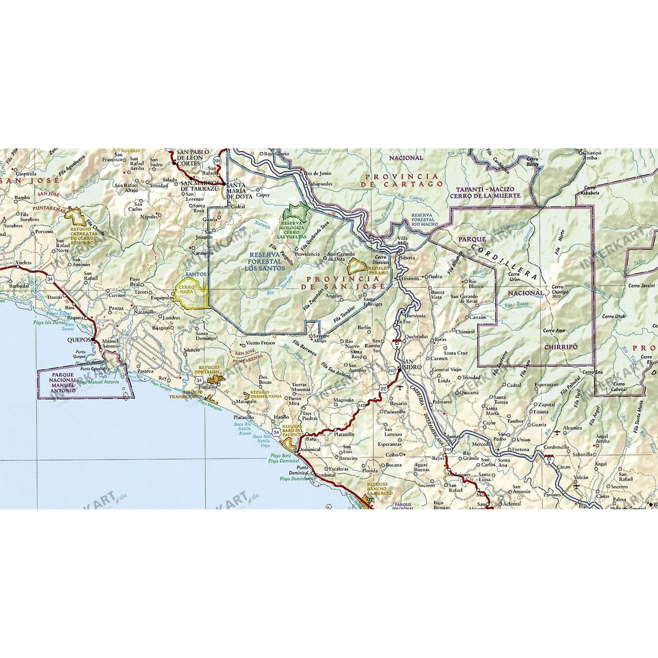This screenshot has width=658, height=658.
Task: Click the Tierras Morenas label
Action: pyautogui.click(x=301, y=387)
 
